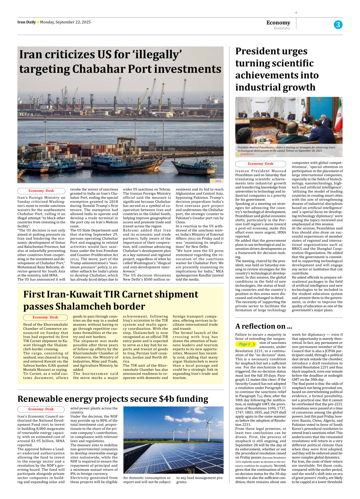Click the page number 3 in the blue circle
(x=338, y=25)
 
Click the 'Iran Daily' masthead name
(x=26, y=22)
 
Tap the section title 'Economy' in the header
(x=278, y=23)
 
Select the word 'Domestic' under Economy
(x=282, y=28)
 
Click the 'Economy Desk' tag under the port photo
(x=41, y=191)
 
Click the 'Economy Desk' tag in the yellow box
(x=45, y=317)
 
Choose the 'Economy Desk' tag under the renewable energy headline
(x=41, y=409)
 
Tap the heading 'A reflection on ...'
(x=264, y=326)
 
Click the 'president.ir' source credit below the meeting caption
(x=247, y=154)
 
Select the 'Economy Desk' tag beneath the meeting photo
(x=260, y=164)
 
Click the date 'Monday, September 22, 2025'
(x=65, y=22)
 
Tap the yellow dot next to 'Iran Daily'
(x=38, y=22)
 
